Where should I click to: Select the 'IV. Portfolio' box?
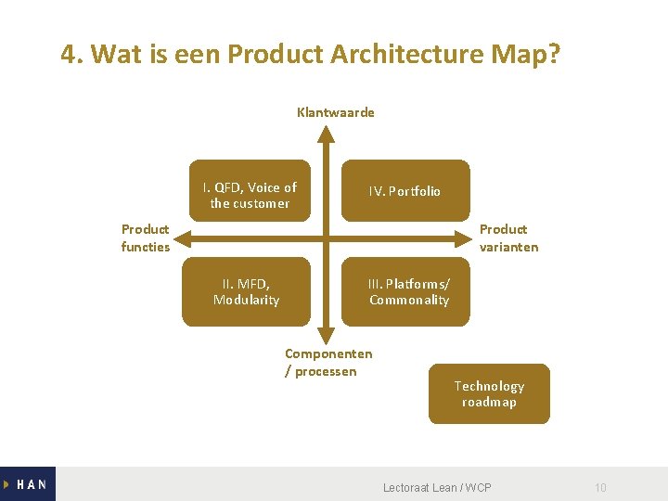[405, 191]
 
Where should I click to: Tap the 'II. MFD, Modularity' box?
[246, 291]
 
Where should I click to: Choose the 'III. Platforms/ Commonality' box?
[408, 291]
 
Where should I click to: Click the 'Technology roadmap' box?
[489, 393]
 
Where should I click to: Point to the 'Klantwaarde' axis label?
[336, 112]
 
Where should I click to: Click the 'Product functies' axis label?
[146, 238]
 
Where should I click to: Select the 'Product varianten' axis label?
[508, 238]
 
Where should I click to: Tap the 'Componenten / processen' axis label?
[328, 362]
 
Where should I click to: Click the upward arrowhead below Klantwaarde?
[326, 133]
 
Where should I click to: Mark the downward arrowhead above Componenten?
[326, 336]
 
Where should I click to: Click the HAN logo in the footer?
[28, 483]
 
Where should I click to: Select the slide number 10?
[600, 487]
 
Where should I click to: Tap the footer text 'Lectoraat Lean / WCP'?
[437, 487]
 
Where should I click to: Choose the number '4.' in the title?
[72, 55]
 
